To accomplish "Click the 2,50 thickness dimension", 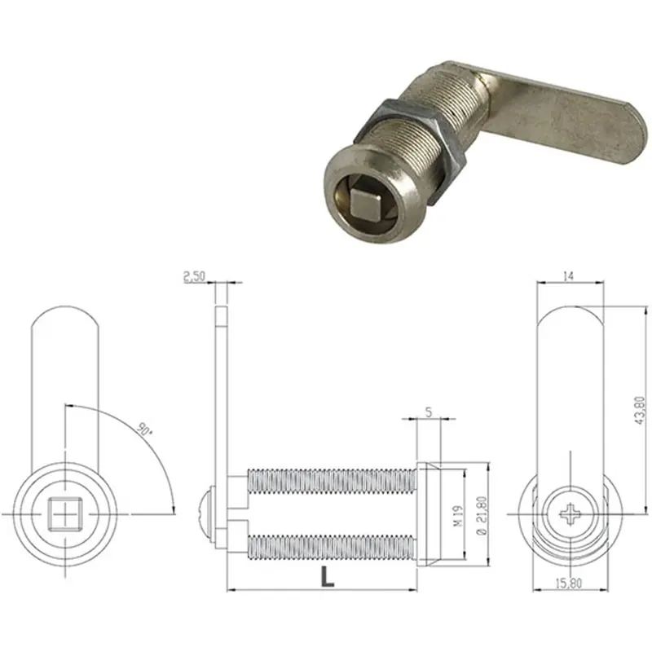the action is click(195, 276).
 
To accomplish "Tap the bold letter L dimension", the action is click(328, 577).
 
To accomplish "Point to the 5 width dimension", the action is click(429, 412).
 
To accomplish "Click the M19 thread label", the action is click(458, 516).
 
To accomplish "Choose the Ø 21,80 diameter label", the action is click(482, 516).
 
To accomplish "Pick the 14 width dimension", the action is click(568, 275).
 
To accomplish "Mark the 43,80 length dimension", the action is click(640, 410).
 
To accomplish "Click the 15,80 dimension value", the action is click(569, 584).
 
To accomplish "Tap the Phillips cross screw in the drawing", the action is click(570, 515).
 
